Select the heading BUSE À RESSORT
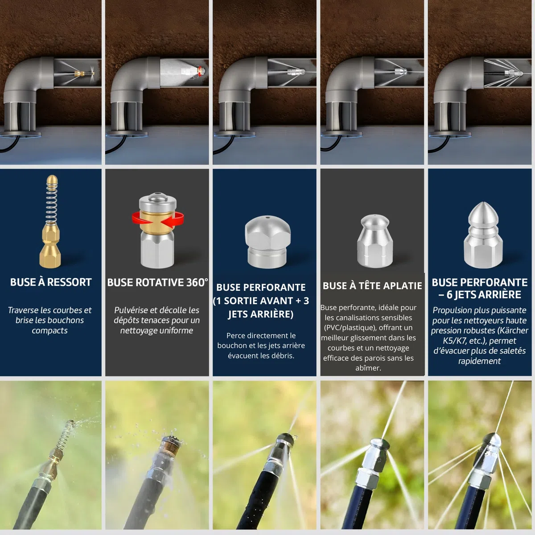point(51,282)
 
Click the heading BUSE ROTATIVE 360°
point(157,282)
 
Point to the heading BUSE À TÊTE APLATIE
point(372,286)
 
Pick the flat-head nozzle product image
point(375,241)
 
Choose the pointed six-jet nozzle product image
point(483,235)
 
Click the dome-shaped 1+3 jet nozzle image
point(267,242)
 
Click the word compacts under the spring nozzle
point(49,331)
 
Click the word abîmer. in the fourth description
point(368,368)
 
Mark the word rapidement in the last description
point(479,361)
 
